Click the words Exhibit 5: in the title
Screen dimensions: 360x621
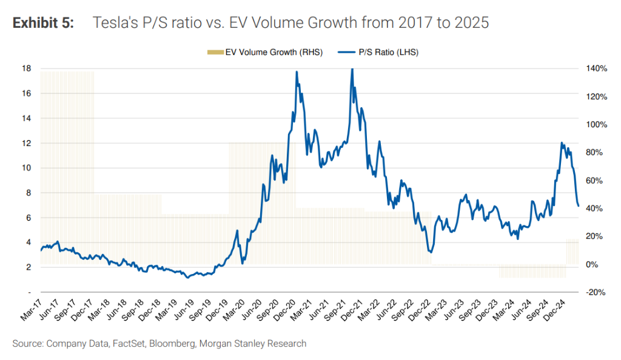pyautogui.click(x=43, y=24)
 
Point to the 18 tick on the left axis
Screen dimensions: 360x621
pyautogui.click(x=27, y=68)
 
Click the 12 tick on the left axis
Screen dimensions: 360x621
pyautogui.click(x=27, y=143)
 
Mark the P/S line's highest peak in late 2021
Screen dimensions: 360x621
pyautogui.click(x=352, y=69)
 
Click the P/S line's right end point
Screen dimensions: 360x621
pyautogui.click(x=579, y=206)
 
